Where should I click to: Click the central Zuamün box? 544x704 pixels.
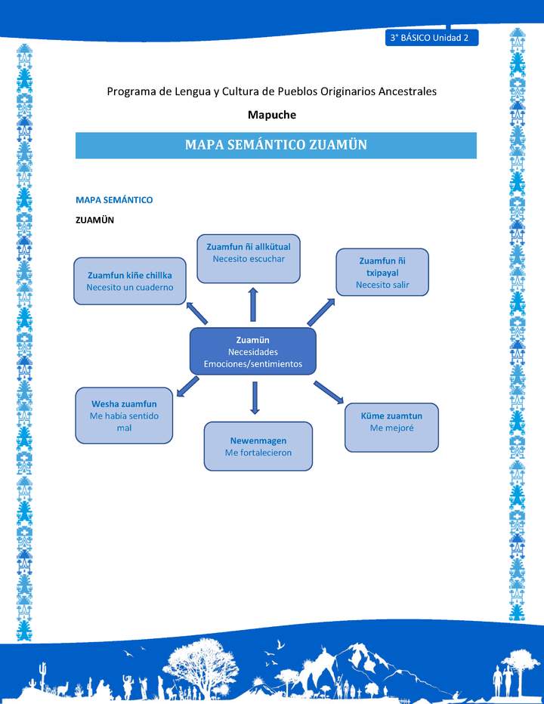252,351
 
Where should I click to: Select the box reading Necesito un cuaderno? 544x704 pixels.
130,281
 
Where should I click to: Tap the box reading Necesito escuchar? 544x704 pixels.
249,258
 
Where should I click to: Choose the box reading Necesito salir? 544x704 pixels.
382,272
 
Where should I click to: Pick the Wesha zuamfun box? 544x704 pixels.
125,416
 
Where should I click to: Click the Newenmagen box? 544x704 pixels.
258,446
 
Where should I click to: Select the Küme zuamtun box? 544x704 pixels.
391,428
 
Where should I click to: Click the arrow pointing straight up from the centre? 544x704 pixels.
253,304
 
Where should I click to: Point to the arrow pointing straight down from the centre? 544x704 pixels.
255,397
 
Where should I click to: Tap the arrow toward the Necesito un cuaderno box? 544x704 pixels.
198,312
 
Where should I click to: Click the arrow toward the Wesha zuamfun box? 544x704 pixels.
187,387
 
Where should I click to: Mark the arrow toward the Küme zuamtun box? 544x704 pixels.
329,391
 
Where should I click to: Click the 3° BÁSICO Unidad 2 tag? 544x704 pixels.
431,38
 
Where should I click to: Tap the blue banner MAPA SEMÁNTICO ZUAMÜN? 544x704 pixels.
276,145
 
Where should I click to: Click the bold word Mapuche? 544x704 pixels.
272,115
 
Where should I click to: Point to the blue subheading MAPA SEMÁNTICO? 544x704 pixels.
114,200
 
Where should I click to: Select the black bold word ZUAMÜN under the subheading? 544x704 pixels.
94,220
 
